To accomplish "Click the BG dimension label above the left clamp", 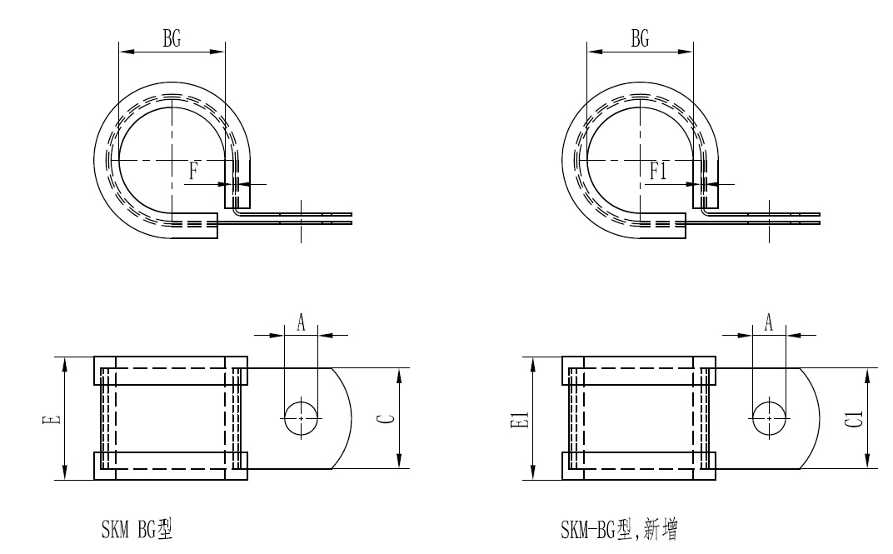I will [172, 38].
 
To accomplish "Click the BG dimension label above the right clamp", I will [640, 38].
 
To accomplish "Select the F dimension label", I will [193, 172].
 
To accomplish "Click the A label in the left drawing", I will [302, 324].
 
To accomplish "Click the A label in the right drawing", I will [769, 324].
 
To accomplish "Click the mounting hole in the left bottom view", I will [302, 417].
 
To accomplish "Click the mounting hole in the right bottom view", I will [769, 417].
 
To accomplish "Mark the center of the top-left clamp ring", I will [172, 159].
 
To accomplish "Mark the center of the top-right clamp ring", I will [640, 159].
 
